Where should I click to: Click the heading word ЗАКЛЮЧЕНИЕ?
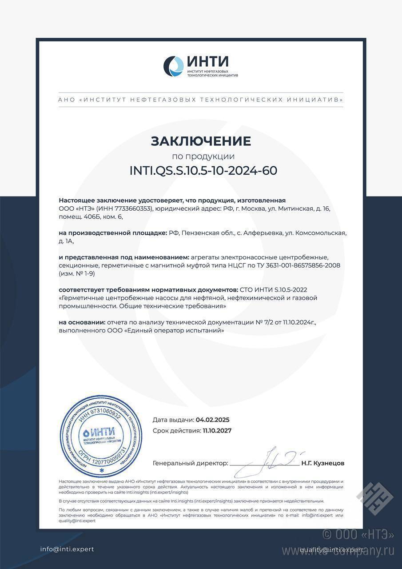(x=201, y=141)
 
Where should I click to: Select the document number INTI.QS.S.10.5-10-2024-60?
(x=203, y=171)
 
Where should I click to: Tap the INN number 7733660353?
(x=133, y=208)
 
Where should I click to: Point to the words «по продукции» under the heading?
(x=203, y=156)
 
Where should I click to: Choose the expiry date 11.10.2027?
(x=217, y=430)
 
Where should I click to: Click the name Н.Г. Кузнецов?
(x=322, y=463)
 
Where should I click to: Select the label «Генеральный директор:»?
(x=190, y=463)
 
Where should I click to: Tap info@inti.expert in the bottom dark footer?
(x=67, y=549)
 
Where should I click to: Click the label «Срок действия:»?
(x=176, y=430)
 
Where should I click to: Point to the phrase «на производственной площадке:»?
(x=113, y=233)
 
